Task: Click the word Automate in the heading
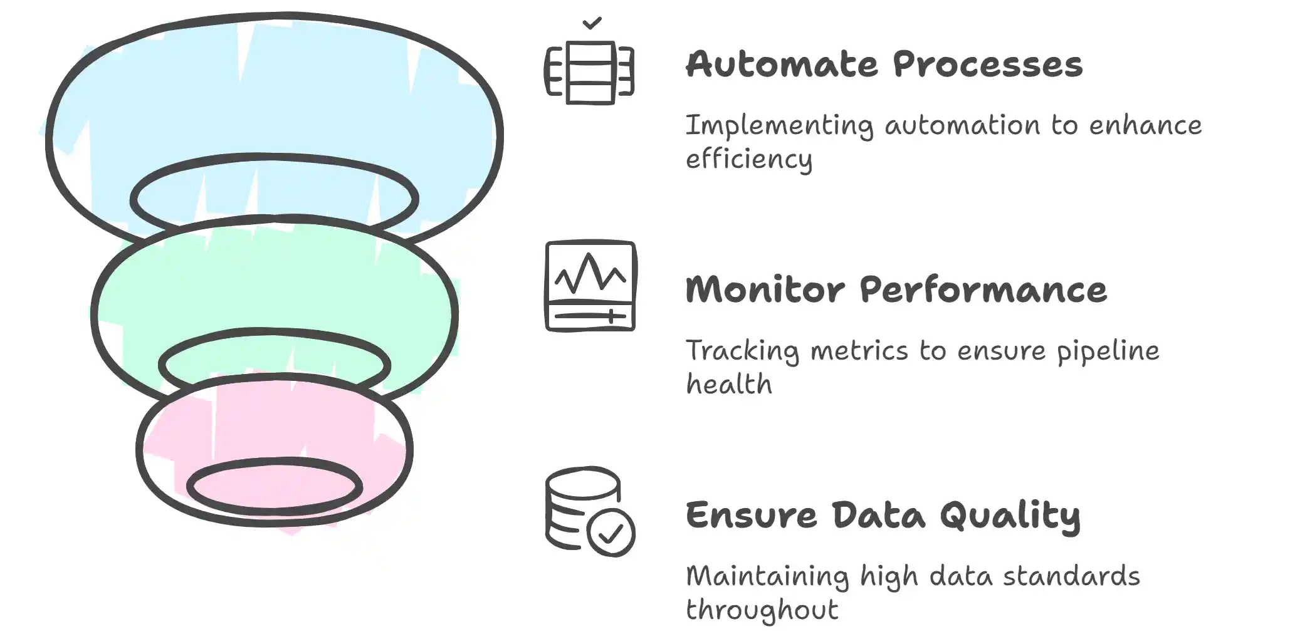(x=782, y=65)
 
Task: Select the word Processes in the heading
(x=988, y=65)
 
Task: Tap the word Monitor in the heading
(x=765, y=290)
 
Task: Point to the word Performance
(x=983, y=291)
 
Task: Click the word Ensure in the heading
(x=751, y=516)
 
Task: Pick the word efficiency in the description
(x=749, y=159)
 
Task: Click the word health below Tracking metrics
(x=729, y=383)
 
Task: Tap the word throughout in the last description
(x=762, y=610)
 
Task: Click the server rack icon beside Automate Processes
(x=589, y=72)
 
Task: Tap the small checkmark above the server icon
(x=592, y=23)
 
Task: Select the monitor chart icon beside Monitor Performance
(x=590, y=286)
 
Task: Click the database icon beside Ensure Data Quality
(x=590, y=511)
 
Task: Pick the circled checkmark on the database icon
(x=611, y=532)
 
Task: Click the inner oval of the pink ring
(x=275, y=486)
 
